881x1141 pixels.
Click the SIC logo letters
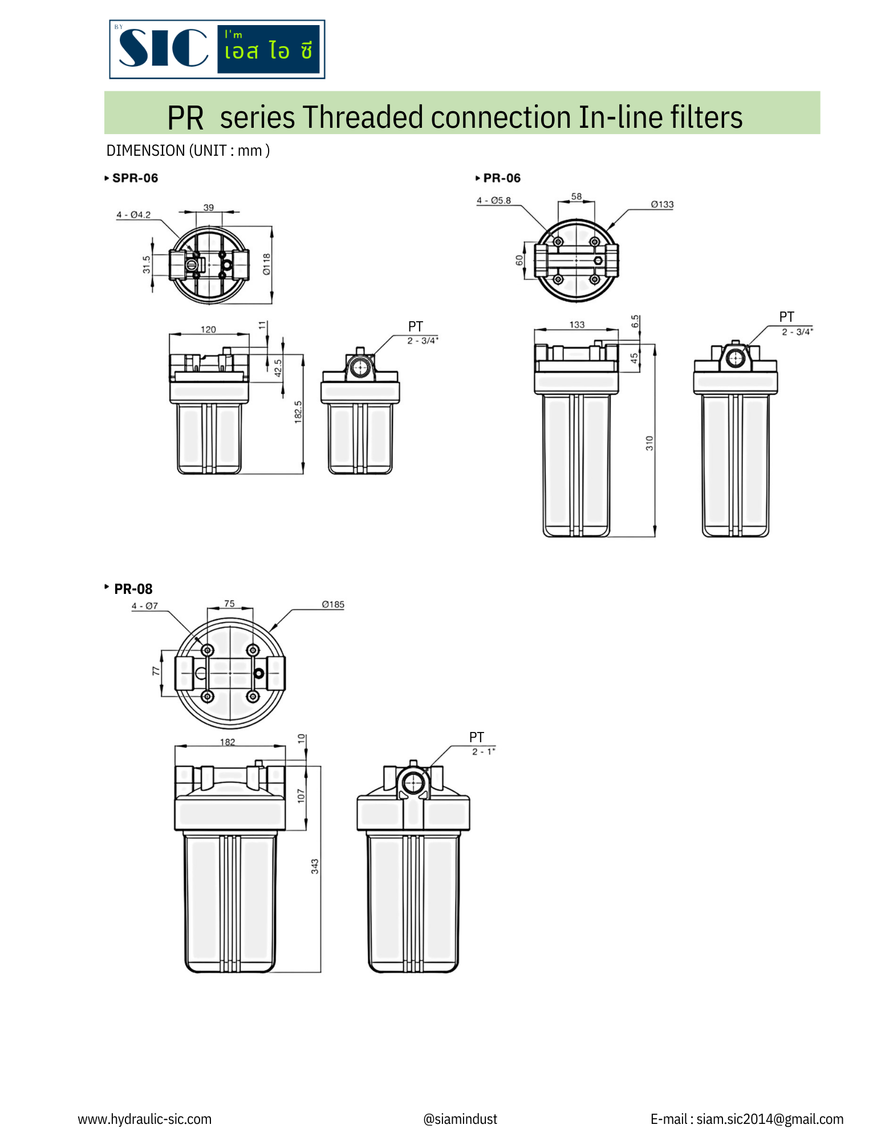163,48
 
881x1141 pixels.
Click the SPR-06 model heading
135,178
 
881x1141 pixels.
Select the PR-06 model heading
501,178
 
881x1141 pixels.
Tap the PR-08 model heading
133,589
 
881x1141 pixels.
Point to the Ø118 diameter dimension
266,264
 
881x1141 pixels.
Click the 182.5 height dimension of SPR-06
298,412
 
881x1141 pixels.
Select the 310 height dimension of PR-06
649,443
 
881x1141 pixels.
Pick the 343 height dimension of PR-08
315,867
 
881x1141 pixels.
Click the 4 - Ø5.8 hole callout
494,200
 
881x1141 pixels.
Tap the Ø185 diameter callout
333,604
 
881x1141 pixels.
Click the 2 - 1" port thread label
483,751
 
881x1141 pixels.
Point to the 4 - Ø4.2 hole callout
133,215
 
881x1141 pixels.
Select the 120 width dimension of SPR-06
208,329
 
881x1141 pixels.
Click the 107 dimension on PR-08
301,796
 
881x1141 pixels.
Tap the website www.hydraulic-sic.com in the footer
144,1119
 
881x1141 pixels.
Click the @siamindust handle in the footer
460,1119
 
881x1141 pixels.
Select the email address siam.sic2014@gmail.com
769,1119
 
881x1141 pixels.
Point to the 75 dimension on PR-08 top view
229,603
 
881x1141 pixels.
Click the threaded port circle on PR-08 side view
413,783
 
